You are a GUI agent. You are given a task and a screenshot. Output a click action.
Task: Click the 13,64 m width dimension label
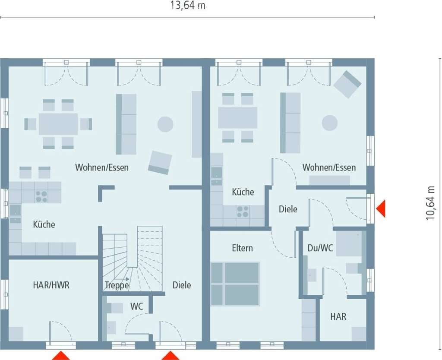point(187,5)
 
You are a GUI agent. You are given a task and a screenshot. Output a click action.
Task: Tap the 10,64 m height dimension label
point(430,203)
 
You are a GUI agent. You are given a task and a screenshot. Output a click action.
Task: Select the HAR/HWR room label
point(51,285)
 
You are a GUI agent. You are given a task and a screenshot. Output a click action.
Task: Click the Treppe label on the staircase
point(117,285)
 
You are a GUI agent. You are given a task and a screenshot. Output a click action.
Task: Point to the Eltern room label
point(242,248)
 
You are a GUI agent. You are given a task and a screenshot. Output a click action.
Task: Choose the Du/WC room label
point(320,248)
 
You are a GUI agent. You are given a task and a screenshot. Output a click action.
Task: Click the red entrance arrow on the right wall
point(381,208)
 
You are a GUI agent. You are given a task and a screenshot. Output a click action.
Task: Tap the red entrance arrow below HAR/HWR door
point(61,356)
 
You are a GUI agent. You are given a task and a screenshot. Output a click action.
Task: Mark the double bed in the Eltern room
point(235,284)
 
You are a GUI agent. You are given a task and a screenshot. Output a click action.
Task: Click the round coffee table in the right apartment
point(329,123)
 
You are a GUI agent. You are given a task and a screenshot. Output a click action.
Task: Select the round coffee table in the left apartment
point(165,124)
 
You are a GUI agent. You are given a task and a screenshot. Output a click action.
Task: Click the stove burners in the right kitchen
point(243,212)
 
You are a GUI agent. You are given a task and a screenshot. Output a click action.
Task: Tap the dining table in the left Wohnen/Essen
point(58,124)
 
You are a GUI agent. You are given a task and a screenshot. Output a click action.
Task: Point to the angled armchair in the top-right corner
point(347,84)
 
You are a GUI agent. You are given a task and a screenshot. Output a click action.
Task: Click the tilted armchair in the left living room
point(160,163)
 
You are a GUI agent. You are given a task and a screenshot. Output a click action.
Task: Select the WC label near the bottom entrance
point(136,306)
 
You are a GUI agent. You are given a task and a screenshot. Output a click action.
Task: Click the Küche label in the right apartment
point(243,192)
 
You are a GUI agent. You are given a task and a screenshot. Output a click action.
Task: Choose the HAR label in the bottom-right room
point(338,316)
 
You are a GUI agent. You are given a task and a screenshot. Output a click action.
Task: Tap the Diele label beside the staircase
point(182,285)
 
